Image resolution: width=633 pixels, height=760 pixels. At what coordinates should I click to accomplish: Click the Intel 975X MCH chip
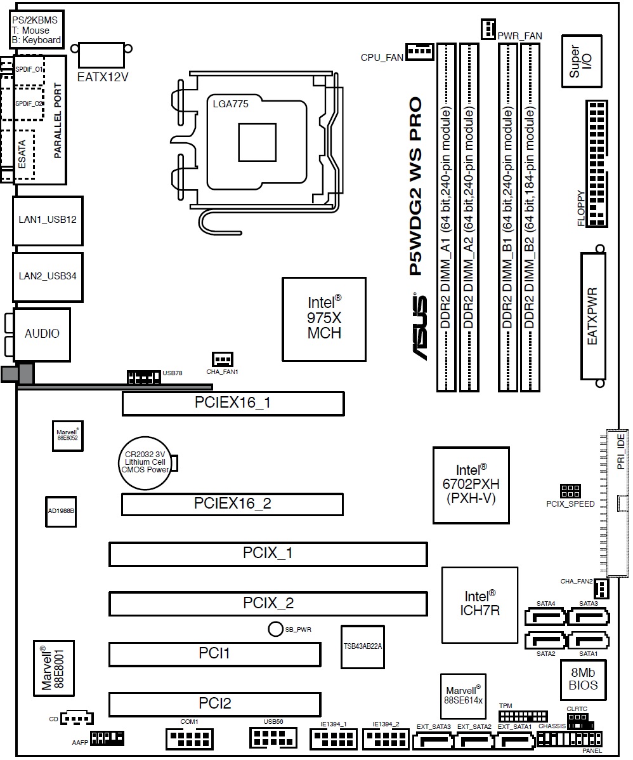[324, 319]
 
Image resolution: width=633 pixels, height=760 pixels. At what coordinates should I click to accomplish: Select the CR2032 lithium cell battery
[146, 462]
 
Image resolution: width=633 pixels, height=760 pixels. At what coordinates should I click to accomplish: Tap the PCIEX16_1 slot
[233, 403]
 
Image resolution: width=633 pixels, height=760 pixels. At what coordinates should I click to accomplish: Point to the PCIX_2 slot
[268, 603]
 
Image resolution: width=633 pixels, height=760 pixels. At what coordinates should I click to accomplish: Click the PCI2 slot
[214, 703]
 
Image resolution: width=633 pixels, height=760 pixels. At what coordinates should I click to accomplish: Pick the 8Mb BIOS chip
[583, 679]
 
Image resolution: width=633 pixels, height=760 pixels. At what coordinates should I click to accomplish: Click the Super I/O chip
[581, 61]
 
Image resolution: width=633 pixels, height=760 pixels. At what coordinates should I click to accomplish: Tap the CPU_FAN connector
[419, 51]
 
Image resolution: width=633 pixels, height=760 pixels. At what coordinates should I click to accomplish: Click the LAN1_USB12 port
[48, 220]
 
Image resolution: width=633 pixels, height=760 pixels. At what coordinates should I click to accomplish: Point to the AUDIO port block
[42, 334]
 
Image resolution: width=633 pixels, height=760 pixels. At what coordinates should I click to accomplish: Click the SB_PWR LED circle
[275, 629]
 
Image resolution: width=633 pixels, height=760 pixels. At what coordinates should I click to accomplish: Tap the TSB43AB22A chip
[363, 646]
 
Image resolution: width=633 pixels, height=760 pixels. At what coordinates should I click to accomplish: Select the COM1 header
[189, 738]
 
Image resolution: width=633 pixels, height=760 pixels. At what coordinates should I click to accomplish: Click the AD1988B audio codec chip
[61, 511]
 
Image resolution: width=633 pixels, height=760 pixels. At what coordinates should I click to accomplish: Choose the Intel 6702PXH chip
[471, 485]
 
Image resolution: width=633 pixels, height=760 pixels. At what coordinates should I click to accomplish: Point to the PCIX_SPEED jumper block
[570, 491]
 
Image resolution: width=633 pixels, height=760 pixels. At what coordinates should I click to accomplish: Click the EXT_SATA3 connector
[433, 741]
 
